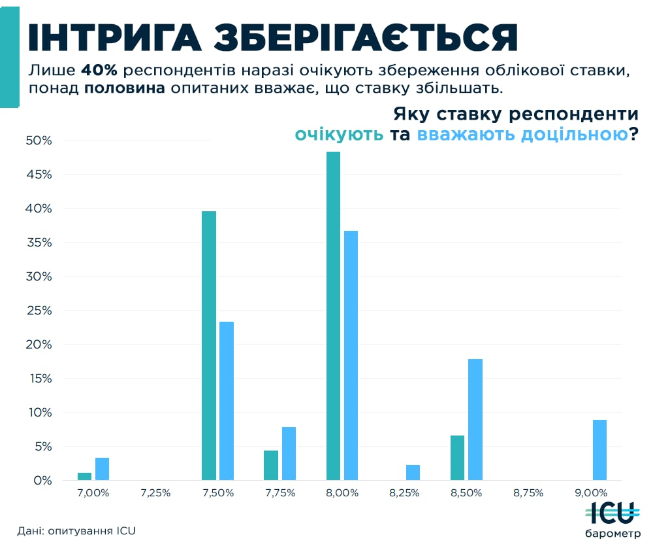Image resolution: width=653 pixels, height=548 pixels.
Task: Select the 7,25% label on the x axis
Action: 155,492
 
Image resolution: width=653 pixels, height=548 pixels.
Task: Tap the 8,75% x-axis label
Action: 528,492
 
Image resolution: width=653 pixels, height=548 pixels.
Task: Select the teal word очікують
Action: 339,135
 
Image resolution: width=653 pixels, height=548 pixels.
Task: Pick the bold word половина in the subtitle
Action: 125,88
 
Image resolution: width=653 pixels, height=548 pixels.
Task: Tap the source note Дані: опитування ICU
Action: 76,530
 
